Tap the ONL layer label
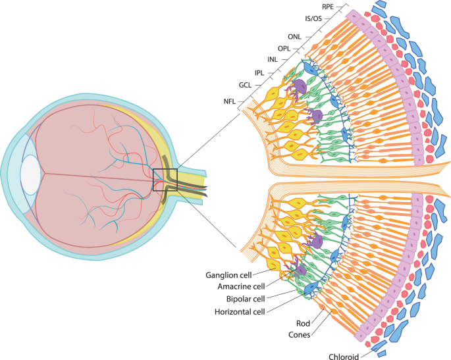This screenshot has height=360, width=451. [294, 37]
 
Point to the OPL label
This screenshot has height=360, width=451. [284, 49]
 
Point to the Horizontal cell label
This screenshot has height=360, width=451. [238, 312]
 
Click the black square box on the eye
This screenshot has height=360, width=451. [165, 180]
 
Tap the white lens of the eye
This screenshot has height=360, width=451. [30, 174]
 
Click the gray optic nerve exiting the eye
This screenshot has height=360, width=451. [198, 188]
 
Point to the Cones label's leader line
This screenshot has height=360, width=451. [319, 326]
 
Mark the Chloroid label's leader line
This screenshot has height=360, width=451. [369, 352]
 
